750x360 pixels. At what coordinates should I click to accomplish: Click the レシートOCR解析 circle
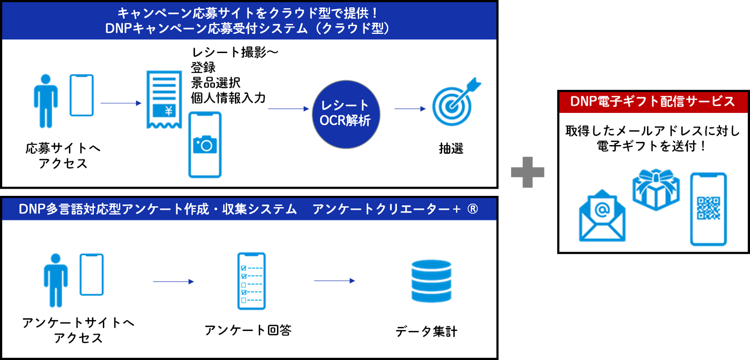pyautogui.click(x=346, y=114)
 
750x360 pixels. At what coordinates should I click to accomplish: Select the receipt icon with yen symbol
pyautogui.click(x=164, y=99)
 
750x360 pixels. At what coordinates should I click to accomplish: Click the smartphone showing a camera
pyautogui.click(x=205, y=145)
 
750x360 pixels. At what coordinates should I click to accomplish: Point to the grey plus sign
pyautogui.click(x=527, y=172)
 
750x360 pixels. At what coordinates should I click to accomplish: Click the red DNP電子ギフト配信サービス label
pyautogui.click(x=653, y=102)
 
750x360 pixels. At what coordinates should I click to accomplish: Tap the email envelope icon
pyautogui.click(x=602, y=216)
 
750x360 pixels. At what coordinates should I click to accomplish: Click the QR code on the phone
pyautogui.click(x=708, y=208)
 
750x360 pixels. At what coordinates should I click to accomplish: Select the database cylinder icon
pyautogui.click(x=431, y=281)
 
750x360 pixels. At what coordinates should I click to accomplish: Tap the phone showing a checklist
pyautogui.click(x=252, y=281)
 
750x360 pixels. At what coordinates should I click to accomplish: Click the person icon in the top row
pyautogui.click(x=46, y=101)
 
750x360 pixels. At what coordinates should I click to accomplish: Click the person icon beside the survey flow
pyautogui.click(x=56, y=280)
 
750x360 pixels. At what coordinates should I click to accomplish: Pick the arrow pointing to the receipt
pyautogui.click(x=121, y=103)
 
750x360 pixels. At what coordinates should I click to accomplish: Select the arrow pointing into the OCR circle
pyautogui.click(x=288, y=109)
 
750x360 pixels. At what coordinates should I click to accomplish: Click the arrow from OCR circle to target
pyautogui.click(x=410, y=109)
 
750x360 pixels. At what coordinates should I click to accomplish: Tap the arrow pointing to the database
pyautogui.click(x=335, y=281)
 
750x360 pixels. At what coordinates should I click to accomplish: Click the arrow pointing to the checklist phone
pyautogui.click(x=174, y=282)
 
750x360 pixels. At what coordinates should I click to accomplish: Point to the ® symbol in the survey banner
pyautogui.click(x=472, y=209)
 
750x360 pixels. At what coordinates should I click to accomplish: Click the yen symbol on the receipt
pyautogui.click(x=168, y=110)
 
